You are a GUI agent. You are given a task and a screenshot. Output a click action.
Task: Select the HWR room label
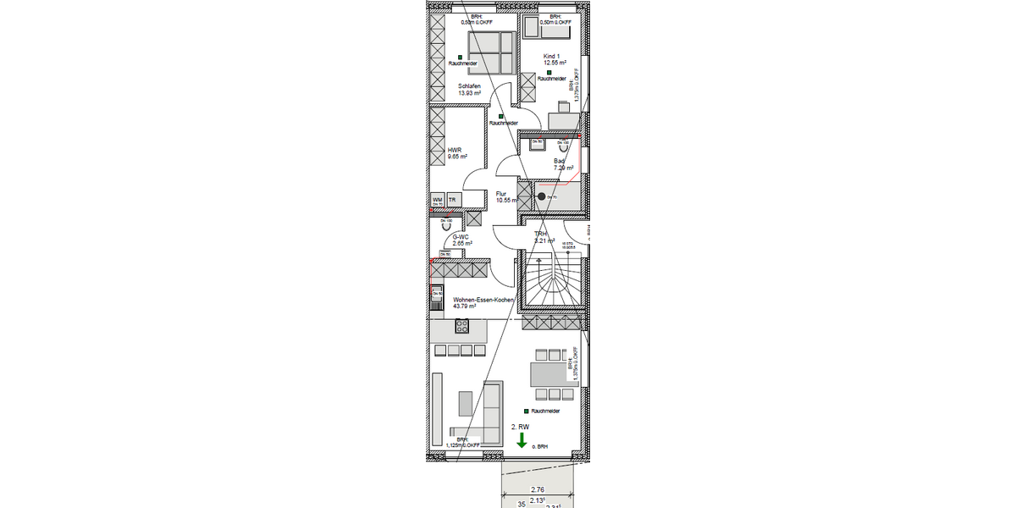pos(455,152)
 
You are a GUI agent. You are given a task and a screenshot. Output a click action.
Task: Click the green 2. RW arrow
pos(522,439)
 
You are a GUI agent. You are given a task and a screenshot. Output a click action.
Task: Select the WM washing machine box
pos(438,201)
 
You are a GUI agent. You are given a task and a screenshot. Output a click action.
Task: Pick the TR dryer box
pos(453,201)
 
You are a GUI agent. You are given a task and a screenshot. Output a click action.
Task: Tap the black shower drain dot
pos(542,196)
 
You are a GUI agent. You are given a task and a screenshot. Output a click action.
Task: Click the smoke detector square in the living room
pos(527,411)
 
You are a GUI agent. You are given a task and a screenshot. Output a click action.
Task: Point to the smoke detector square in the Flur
pos(501,116)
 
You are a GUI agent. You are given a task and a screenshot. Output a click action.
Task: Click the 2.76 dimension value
pos(537,489)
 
